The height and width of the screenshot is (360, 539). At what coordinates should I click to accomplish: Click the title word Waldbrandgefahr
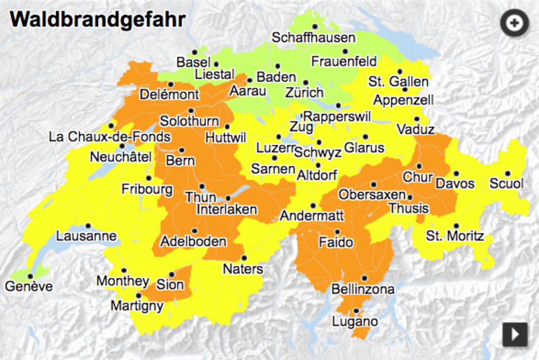tap(98, 19)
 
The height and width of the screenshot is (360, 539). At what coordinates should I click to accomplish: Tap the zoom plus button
tap(514, 23)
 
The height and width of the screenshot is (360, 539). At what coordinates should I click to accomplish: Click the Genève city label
tap(29, 286)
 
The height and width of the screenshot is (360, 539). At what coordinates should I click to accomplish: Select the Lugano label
tap(355, 321)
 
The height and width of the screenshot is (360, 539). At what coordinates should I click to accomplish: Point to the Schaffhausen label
tap(313, 38)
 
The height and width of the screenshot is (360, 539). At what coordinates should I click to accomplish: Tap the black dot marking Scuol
tap(507, 174)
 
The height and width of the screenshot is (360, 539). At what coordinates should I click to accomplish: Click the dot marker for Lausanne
tap(88, 226)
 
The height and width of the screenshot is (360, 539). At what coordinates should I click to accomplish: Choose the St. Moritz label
tap(455, 236)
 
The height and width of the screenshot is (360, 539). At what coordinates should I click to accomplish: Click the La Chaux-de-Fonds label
tap(109, 137)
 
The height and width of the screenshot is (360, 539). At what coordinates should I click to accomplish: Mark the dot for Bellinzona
tap(364, 278)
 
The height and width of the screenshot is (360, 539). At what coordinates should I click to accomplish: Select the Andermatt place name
tap(311, 216)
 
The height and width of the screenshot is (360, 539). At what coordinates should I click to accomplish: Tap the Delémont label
tap(169, 94)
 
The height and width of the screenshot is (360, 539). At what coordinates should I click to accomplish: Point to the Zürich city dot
tap(305, 83)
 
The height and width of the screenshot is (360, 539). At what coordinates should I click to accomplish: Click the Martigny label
tap(137, 306)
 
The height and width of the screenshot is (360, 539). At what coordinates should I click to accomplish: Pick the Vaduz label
tap(415, 129)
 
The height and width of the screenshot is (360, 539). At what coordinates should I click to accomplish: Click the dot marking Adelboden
tap(194, 231)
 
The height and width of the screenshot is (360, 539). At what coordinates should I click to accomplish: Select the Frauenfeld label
tap(344, 61)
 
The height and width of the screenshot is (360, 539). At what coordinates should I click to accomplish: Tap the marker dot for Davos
tap(456, 174)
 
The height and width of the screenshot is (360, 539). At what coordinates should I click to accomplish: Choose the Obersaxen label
tap(372, 195)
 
